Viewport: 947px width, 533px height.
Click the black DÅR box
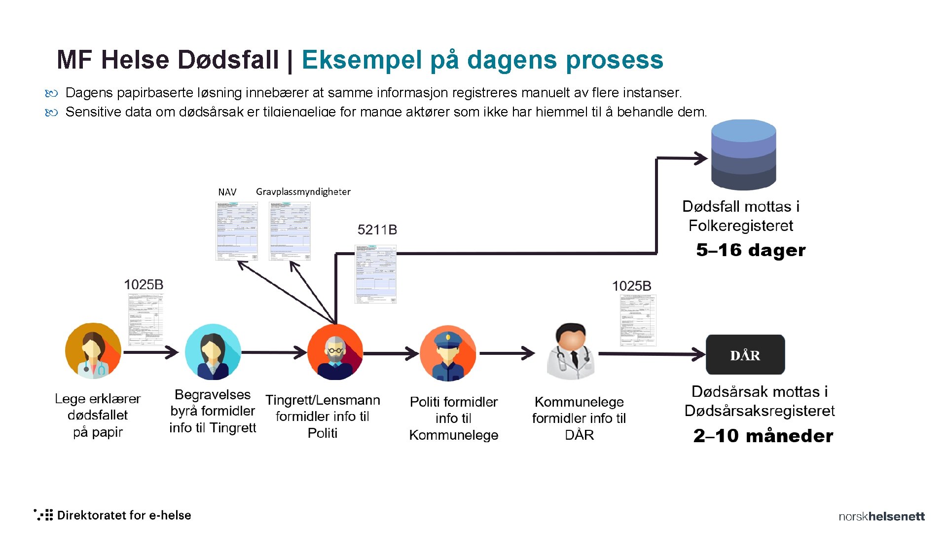[x=745, y=355]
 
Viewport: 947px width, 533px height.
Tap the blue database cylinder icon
[x=743, y=155]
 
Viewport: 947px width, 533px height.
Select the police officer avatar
[x=448, y=353]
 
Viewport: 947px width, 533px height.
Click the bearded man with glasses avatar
[x=335, y=352]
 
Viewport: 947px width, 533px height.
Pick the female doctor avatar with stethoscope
[x=93, y=351]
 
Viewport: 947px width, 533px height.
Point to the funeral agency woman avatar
[x=213, y=352]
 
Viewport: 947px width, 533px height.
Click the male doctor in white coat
[x=571, y=351]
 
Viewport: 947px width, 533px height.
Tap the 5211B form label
[x=377, y=230]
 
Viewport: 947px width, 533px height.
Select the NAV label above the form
[x=227, y=192]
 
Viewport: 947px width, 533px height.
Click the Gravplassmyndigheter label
[x=303, y=191]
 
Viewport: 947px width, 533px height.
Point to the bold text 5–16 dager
[x=751, y=250]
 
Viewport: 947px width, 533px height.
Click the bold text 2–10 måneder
[x=763, y=436]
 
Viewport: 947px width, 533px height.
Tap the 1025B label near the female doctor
[x=144, y=285]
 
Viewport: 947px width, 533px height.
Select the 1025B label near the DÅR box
[x=631, y=286]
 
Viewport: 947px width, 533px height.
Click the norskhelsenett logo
[x=881, y=516]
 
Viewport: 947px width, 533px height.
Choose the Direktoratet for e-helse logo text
[x=124, y=515]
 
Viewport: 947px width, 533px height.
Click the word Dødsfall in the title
[x=228, y=60]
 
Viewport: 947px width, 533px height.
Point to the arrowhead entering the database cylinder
[x=701, y=158]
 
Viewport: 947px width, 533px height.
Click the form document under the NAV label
[x=237, y=231]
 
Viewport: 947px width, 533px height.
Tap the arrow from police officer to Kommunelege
[x=507, y=353]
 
